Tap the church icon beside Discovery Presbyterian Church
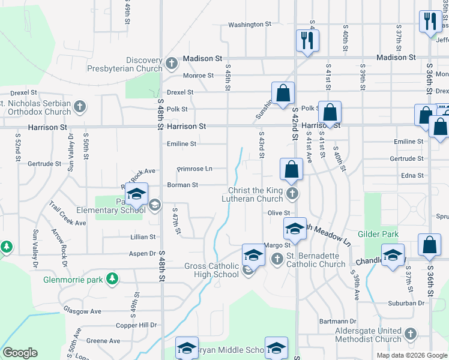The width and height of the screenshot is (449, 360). click(172, 62)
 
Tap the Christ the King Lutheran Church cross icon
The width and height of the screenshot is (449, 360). click(292, 193)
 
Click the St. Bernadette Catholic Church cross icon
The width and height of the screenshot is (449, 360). click(277, 259)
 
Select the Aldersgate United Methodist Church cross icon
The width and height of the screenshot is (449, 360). click(411, 333)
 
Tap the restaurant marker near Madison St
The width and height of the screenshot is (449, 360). click(307, 41)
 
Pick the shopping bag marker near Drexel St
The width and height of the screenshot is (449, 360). click(283, 94)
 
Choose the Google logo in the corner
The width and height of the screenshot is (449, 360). click(20, 353)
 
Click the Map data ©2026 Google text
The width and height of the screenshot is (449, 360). click(412, 355)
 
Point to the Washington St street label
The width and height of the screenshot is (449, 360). click(250, 25)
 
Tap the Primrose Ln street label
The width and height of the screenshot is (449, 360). click(194, 169)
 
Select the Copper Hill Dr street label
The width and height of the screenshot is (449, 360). click(136, 325)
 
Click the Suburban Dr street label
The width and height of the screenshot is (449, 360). click(406, 304)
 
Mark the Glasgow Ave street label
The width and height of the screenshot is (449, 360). click(82, 311)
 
